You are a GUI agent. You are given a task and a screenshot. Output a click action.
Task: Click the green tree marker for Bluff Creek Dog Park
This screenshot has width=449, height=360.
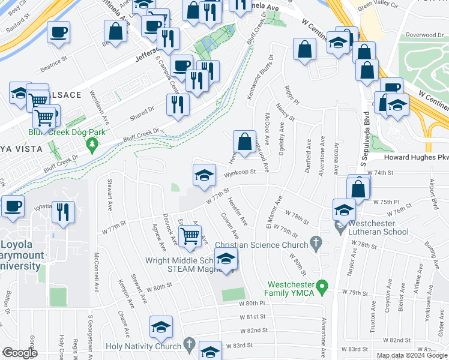pos(92,145)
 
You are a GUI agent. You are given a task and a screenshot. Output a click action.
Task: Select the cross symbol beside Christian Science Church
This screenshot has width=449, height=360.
pos(315,244)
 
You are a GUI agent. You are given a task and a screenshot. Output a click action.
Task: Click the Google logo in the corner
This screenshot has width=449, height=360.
pos(20,353)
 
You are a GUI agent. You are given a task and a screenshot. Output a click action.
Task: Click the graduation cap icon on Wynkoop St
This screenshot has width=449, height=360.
pos(204,175)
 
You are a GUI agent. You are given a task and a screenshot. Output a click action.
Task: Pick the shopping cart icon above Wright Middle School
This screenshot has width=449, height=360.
pos(190,238)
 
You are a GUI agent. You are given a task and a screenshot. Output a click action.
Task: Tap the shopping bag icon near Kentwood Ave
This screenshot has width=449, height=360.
pos(244,142)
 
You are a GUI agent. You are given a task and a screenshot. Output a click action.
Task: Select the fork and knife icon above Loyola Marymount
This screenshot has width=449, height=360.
pos(62,212)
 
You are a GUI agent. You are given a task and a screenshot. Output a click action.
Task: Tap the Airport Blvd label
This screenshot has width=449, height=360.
pos(435,191)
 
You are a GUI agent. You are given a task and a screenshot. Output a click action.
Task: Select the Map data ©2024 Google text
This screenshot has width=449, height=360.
pos(412,355)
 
